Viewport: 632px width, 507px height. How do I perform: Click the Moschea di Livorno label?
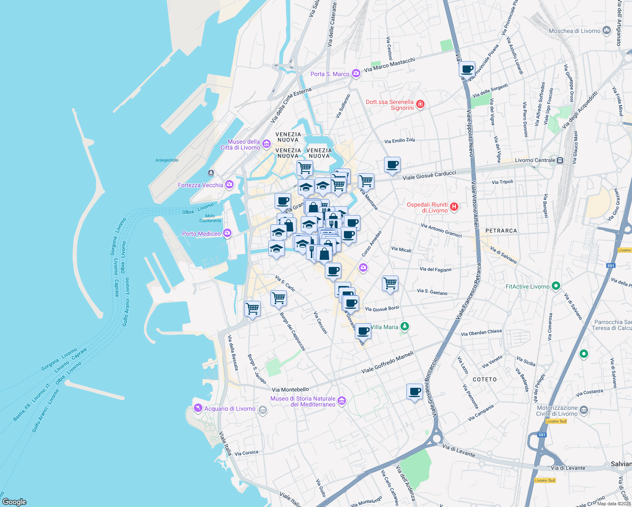pos(574,31)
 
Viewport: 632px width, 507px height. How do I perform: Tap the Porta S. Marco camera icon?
pos(356,74)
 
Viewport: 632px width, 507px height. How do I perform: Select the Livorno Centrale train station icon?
pos(560,160)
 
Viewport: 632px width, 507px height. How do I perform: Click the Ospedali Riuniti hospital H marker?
pos(454,207)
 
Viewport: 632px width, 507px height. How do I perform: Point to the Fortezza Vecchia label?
pos(200,185)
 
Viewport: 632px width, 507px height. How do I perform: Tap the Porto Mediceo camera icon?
pos(227,233)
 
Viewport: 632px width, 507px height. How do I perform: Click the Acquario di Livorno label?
pos(230,409)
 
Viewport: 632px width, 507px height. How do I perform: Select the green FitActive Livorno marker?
pos(556,286)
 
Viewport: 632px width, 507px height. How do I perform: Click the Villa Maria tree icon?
pos(405,327)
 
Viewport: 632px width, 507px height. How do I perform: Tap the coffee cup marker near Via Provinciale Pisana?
pos(467,69)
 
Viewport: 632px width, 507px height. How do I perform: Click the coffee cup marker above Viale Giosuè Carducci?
pos(392,164)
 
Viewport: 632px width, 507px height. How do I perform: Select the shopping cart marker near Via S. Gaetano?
pos(390,283)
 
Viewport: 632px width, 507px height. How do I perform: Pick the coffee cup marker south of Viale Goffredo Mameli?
pos(415,391)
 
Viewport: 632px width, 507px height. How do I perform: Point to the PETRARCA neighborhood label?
pos(501,231)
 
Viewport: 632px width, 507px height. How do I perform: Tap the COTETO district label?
pos(485,379)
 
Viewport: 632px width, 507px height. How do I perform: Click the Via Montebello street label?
pos(290,390)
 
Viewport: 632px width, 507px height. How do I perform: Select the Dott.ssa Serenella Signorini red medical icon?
pos(420,104)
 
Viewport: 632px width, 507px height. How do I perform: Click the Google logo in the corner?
pos(14,502)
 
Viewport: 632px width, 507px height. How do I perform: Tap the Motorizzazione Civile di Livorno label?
pos(557,411)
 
